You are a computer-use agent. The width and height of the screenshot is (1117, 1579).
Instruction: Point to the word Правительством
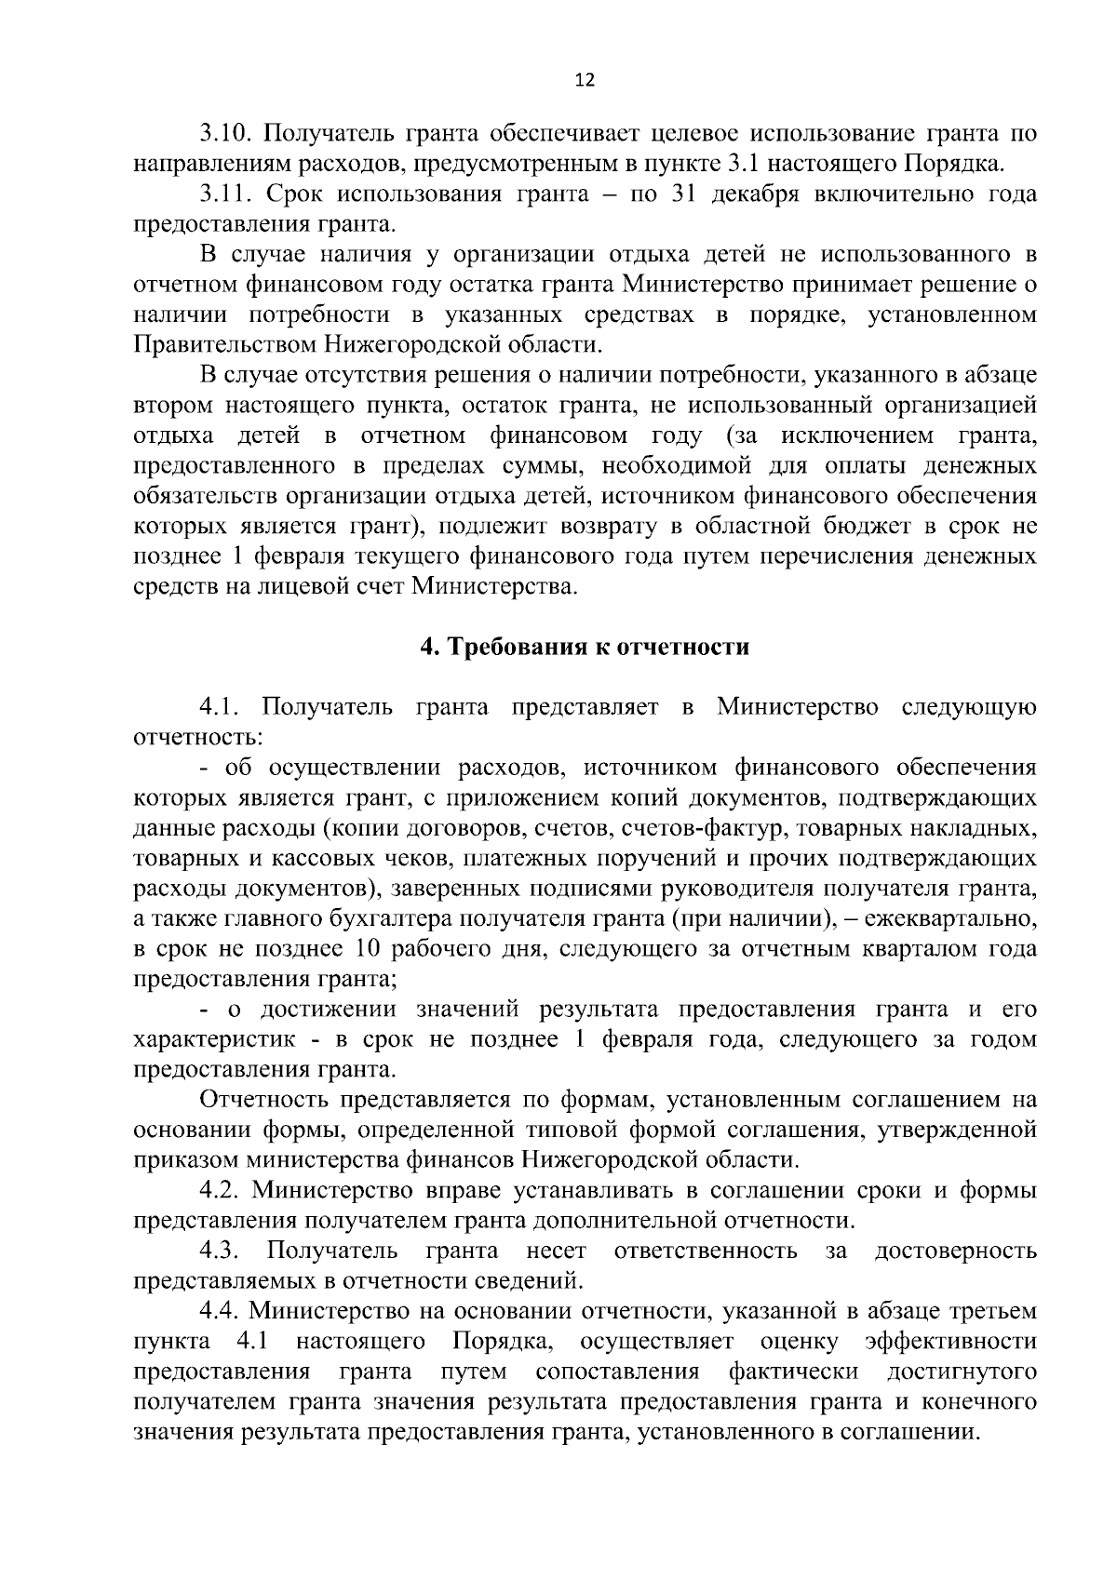click(226, 345)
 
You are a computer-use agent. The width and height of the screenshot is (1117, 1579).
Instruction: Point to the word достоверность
click(956, 1251)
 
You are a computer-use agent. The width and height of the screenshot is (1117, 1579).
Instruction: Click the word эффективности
click(950, 1342)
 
